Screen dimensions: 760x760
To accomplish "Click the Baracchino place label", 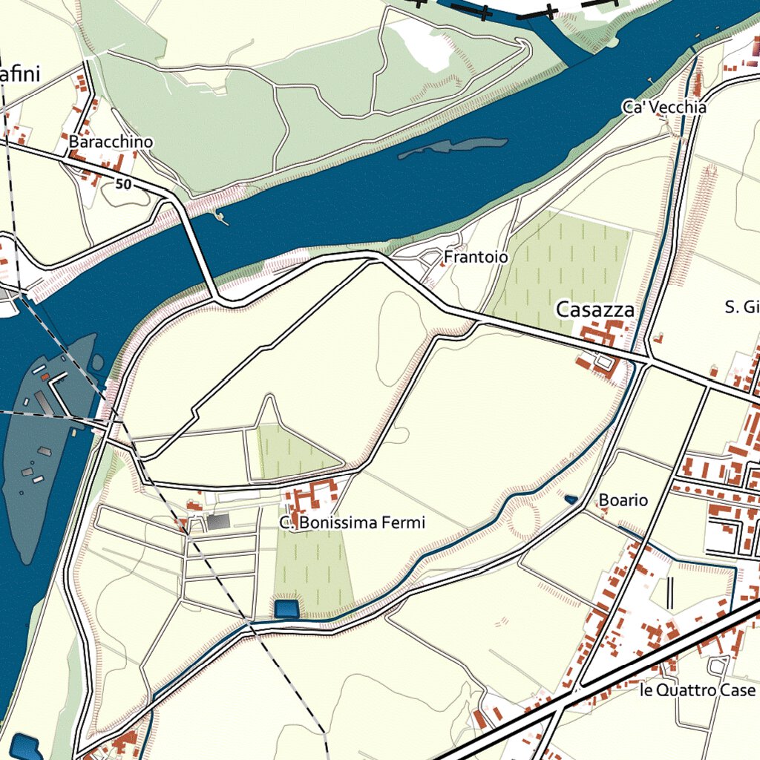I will (x=111, y=142).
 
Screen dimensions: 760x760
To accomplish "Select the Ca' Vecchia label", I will (x=664, y=108).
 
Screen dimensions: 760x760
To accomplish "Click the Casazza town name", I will (x=596, y=309).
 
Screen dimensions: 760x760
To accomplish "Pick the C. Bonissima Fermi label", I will (x=353, y=523).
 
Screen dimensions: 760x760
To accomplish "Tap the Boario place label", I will (x=623, y=500).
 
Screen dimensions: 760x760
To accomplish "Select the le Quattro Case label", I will (x=697, y=690).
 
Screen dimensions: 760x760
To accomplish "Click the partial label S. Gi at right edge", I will (x=741, y=307).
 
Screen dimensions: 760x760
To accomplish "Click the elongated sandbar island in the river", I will (x=453, y=148).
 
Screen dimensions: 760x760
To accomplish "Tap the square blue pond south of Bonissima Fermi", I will (x=286, y=609).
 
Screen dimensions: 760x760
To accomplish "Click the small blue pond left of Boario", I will (x=571, y=500).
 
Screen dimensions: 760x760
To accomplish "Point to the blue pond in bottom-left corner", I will (x=26, y=747).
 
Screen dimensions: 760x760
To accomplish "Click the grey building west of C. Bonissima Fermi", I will (x=218, y=522).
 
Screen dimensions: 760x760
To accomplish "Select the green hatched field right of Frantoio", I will (x=564, y=267).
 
